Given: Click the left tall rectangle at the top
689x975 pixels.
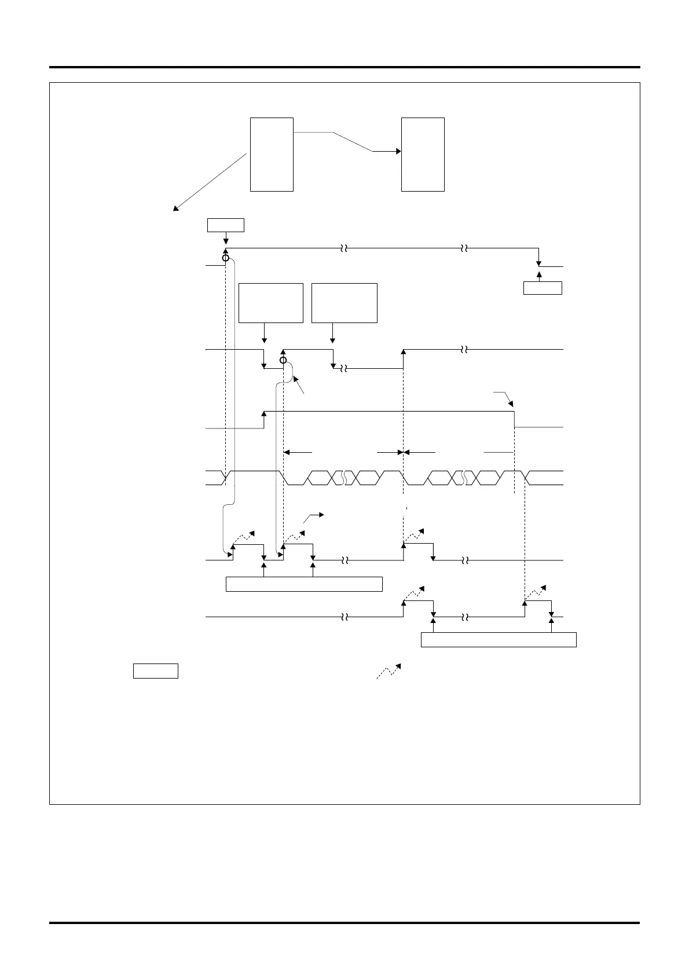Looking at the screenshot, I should point(272,154).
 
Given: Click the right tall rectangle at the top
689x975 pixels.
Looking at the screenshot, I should point(423,154).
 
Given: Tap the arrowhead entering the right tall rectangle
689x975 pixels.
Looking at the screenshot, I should point(398,152).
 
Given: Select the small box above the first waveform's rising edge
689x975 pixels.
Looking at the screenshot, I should point(226,225).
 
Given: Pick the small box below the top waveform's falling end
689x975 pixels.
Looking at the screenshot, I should point(543,288).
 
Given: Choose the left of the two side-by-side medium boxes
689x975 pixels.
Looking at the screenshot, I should point(271,303).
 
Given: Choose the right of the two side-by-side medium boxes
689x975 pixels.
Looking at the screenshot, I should point(345,303).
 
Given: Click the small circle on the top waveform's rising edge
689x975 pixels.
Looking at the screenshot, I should point(226,258).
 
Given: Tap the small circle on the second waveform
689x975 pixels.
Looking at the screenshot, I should point(283,361).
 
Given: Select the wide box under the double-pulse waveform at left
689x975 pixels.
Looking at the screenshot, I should point(304,584).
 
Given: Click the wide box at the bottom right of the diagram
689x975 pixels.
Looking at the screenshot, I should point(499,640).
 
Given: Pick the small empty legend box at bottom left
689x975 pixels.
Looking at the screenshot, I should point(155,671).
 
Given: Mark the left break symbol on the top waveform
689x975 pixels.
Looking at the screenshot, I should point(343,248).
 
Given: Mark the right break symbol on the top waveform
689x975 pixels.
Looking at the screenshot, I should point(464,248).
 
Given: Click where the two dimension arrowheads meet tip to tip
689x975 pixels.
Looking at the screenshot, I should point(402,452).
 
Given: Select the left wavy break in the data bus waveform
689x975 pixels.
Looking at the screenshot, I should point(344,478).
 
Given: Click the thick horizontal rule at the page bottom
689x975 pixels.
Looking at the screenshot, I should point(345,923).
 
